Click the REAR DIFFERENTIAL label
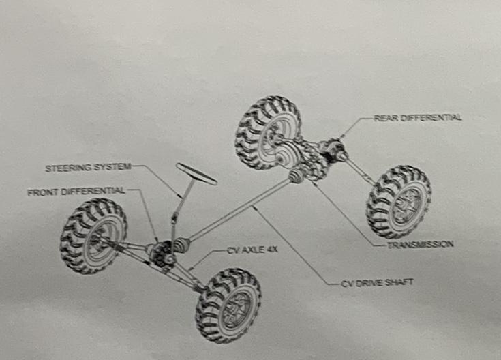(418, 117)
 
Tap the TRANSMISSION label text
(420, 243)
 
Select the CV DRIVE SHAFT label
(377, 282)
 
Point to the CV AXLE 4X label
(252, 250)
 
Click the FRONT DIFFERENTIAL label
(76, 192)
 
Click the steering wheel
(196, 174)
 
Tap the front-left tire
(93, 235)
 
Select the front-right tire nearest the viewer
(228, 305)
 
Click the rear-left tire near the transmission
(268, 132)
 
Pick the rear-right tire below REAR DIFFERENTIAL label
(399, 201)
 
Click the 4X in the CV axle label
(271, 250)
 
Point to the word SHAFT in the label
(399, 282)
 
